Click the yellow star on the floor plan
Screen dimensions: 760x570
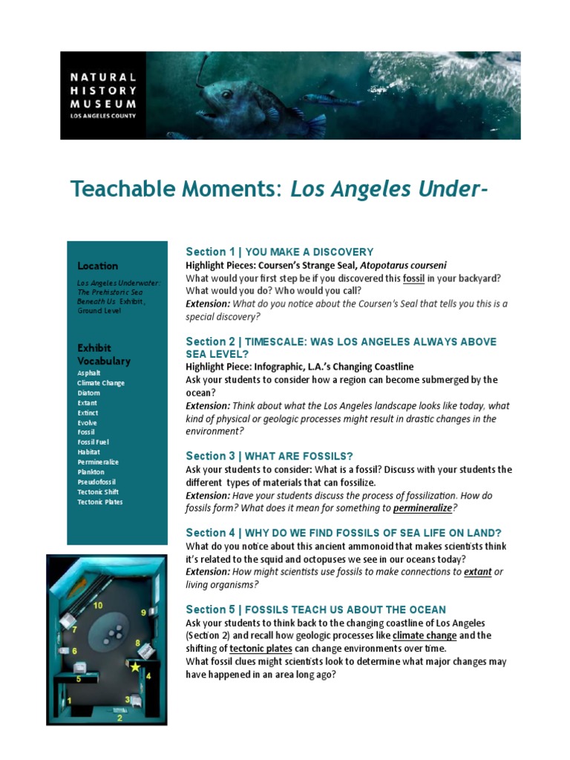tap(134, 667)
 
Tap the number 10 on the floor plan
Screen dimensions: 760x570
tap(97, 606)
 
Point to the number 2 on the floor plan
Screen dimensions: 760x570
tap(120, 718)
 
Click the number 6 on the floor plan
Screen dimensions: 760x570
tap(74, 651)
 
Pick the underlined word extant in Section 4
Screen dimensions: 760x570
tap(478, 571)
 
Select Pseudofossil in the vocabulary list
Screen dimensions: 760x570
tap(96, 482)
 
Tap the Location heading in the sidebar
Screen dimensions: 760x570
tap(97, 266)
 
